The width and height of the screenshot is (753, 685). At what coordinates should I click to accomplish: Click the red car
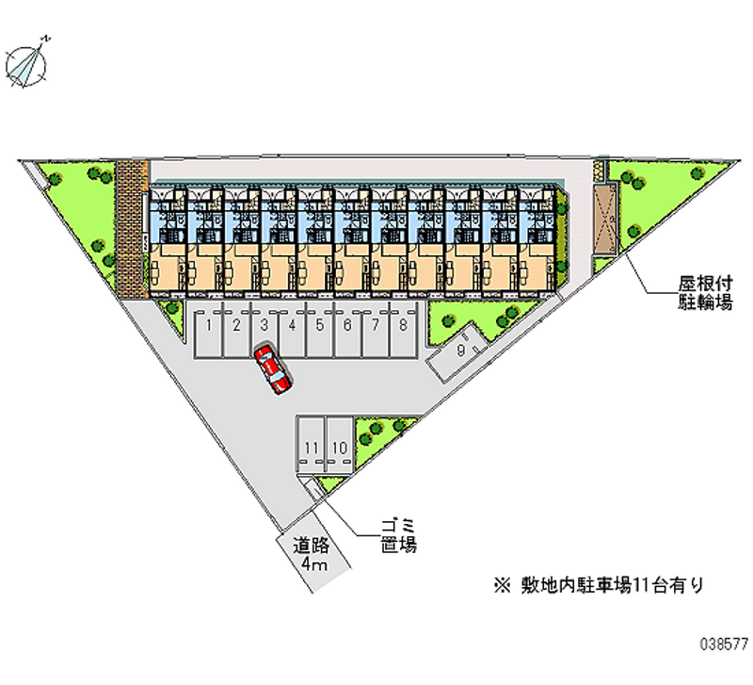point(272,368)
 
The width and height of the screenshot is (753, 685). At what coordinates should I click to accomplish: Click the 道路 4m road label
point(312,554)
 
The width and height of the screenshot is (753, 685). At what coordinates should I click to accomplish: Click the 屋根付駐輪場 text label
point(705,293)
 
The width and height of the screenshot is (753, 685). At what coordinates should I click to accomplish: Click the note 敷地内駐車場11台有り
point(599,585)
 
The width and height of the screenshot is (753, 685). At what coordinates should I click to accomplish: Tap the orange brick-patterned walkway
point(131,229)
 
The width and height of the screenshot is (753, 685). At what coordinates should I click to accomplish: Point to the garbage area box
point(313,489)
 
